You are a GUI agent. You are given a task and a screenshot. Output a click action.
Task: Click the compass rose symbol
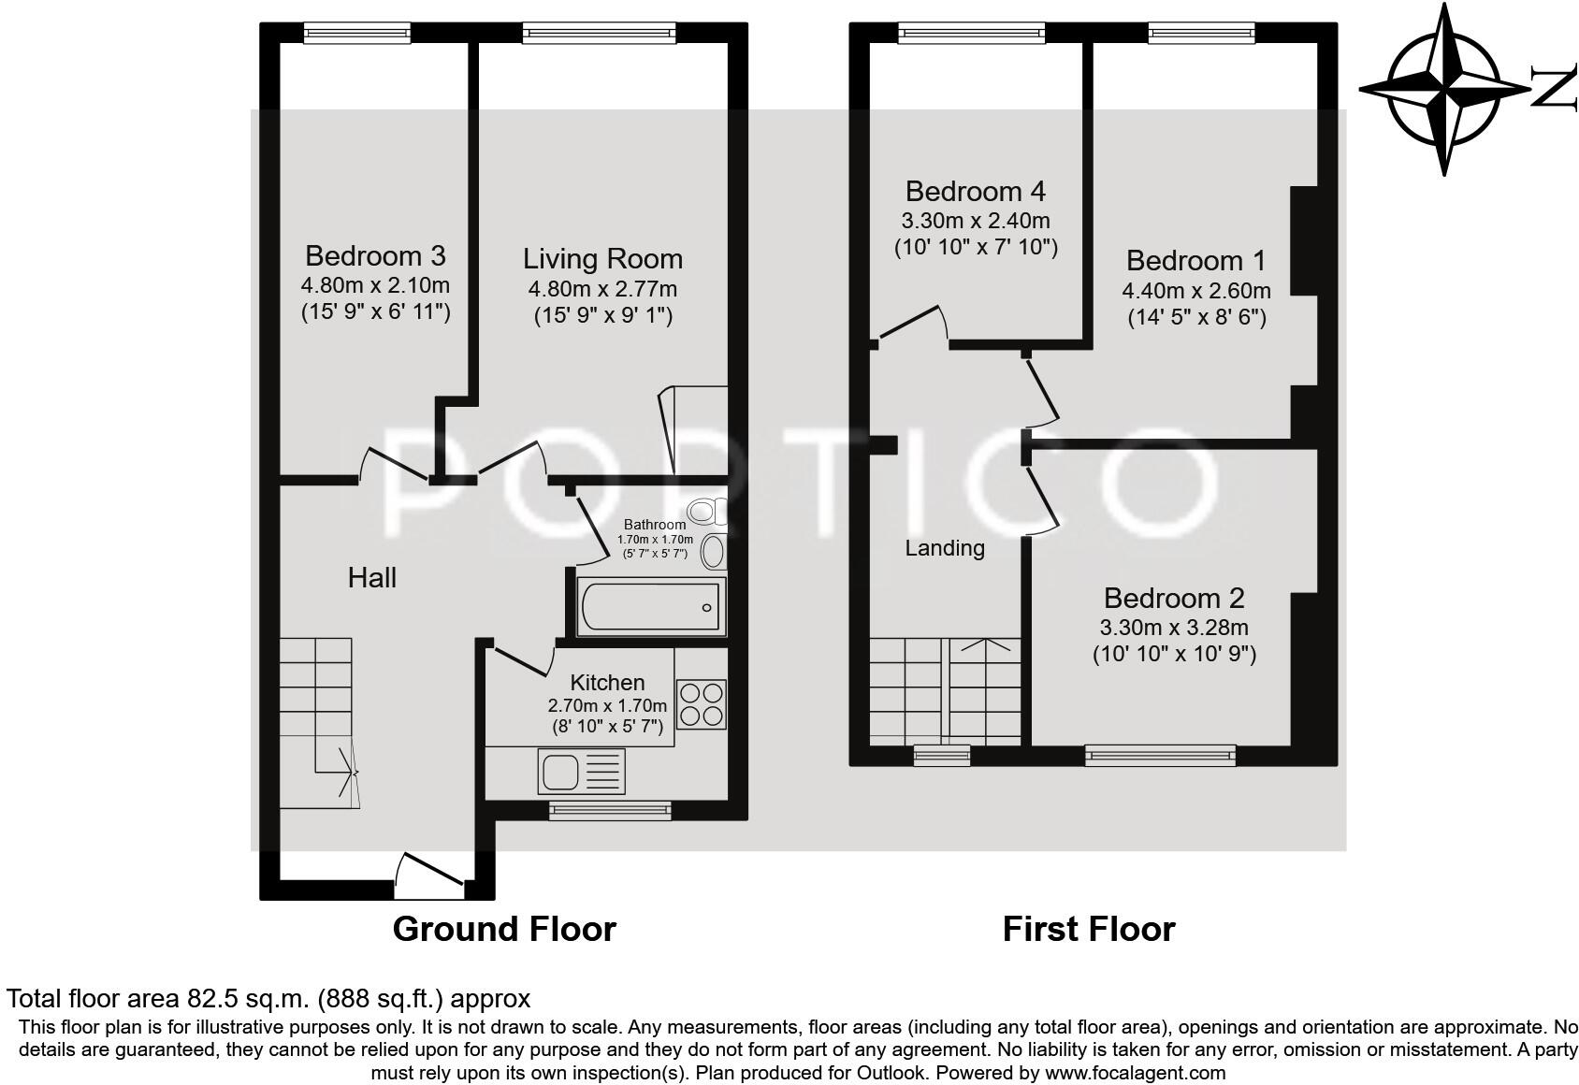pyautogui.click(x=1444, y=90)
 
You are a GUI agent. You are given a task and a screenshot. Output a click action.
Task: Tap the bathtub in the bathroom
pyautogui.click(x=651, y=606)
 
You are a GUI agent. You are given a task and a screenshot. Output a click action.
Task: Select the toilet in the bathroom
pyautogui.click(x=708, y=511)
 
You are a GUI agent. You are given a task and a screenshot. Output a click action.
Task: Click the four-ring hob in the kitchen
pyautogui.click(x=702, y=703)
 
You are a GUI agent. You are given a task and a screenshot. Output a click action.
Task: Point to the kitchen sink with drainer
pyautogui.click(x=581, y=771)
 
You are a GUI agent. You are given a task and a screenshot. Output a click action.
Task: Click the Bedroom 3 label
pyautogui.click(x=375, y=255)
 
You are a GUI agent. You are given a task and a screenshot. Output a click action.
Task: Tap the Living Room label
pyautogui.click(x=602, y=259)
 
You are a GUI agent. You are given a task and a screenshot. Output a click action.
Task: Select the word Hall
pyautogui.click(x=372, y=578)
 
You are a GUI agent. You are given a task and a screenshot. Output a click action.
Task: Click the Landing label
pyautogui.click(x=945, y=548)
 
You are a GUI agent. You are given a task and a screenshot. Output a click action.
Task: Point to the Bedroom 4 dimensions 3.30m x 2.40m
pyautogui.click(x=976, y=221)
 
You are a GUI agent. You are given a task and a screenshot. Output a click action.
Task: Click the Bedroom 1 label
pyautogui.click(x=1196, y=261)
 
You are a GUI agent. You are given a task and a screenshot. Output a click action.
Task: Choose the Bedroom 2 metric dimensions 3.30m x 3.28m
pyautogui.click(x=1174, y=627)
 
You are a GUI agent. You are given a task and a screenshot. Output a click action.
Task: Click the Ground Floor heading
pyautogui.click(x=504, y=929)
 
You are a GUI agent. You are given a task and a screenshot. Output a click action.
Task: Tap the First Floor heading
pyautogui.click(x=1089, y=929)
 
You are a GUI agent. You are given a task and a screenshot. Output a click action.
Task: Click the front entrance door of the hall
pyautogui.click(x=429, y=876)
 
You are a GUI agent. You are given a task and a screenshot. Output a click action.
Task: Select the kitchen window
pyautogui.click(x=611, y=811)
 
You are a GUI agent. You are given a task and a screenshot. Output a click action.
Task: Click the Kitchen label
pyautogui.click(x=607, y=683)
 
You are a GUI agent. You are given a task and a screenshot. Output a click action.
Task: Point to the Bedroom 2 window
pyautogui.click(x=1160, y=756)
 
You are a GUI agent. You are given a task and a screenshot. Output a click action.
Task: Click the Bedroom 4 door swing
pyautogui.click(x=910, y=325)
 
